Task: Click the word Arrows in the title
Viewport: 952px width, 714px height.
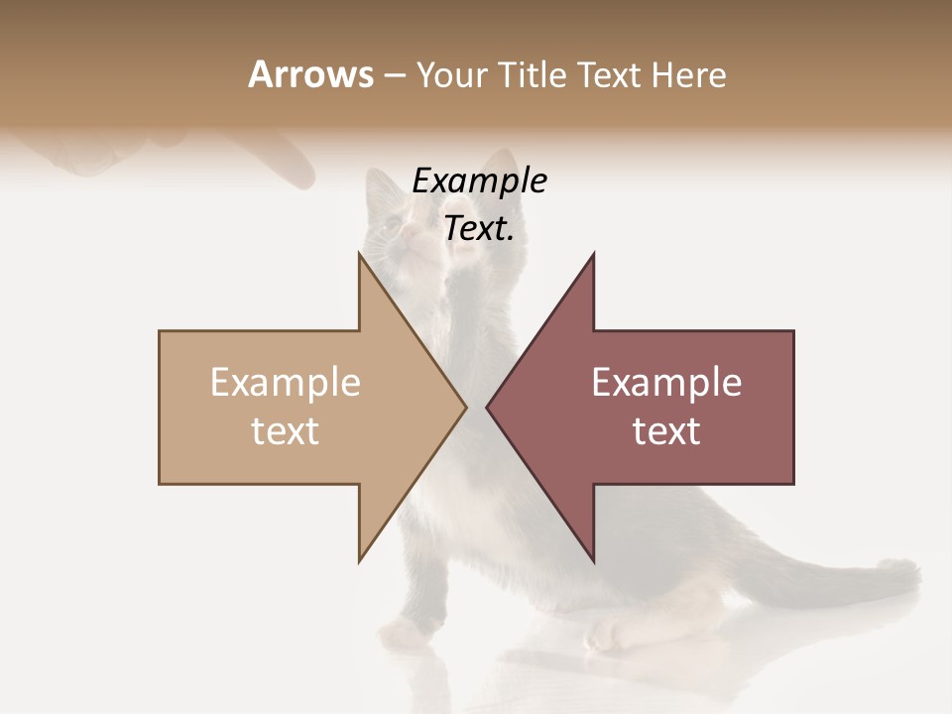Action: click(311, 74)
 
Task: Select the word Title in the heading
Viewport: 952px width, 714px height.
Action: click(532, 74)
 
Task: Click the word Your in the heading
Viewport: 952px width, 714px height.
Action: click(450, 74)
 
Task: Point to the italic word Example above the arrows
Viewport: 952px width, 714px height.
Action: click(479, 181)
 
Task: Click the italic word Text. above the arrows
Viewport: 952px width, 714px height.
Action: click(479, 228)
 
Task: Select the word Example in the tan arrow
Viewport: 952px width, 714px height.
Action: click(286, 383)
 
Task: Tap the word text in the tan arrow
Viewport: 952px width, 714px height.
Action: click(286, 431)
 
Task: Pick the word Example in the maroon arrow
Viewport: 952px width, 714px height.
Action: click(666, 383)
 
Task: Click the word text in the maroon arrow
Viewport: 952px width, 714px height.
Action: click(666, 431)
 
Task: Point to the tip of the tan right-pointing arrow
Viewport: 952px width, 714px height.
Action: click(465, 407)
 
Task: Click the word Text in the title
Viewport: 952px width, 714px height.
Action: click(608, 74)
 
